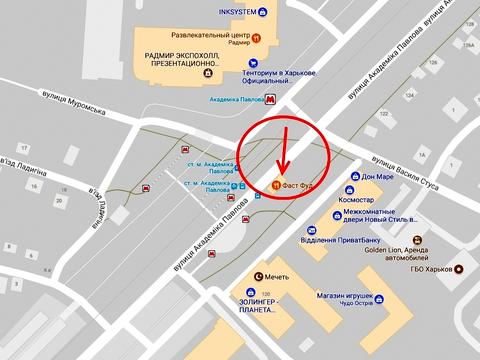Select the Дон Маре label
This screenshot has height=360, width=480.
pyautogui.click(x=376, y=177)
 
